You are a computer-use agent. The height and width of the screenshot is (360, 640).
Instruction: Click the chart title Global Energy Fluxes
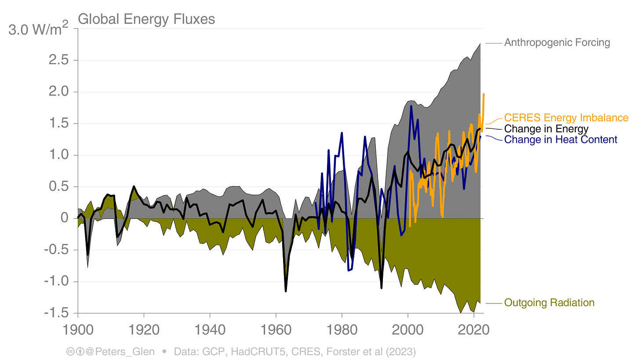[146, 19]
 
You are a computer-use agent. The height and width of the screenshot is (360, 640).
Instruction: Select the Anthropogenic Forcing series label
[557, 43]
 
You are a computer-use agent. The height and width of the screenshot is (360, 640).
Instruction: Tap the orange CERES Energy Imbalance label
[566, 118]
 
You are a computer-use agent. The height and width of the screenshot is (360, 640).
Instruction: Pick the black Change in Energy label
[546, 129]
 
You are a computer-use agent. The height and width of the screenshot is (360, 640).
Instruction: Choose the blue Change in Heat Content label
[560, 140]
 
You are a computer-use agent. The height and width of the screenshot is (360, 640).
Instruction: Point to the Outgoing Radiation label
[549, 303]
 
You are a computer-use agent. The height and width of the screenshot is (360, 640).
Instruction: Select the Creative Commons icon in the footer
[69, 352]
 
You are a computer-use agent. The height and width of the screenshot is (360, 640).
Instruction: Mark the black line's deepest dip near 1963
[286, 291]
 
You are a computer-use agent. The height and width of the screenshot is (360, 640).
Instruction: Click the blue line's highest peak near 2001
[411, 106]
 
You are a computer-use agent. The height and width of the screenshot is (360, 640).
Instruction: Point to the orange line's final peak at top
[484, 94]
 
